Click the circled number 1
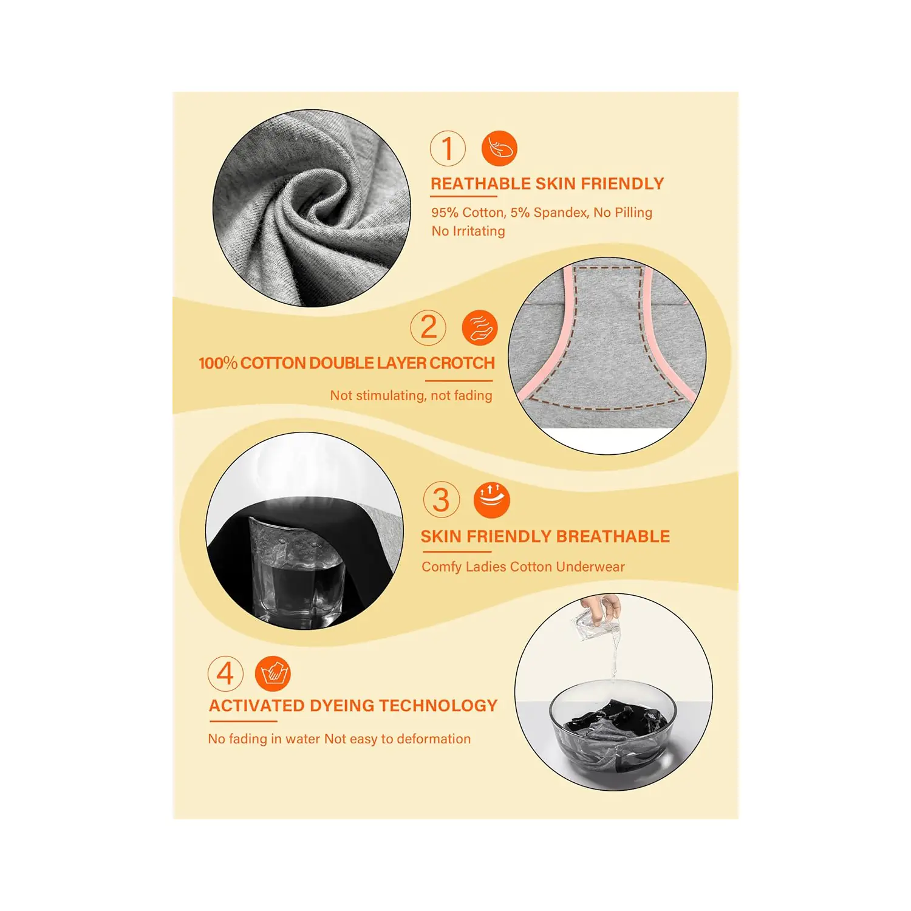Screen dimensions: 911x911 pos(448,148)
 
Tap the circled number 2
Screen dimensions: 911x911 pos(428,327)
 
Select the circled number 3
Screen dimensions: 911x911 pos(442,500)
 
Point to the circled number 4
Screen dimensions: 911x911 pos(225,674)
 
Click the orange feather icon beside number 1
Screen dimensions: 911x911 pos(499,148)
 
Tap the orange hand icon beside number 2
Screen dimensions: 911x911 pos(480,327)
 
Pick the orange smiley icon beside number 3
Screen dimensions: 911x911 pos(491,500)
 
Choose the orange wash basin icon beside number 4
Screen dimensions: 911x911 pos(273,674)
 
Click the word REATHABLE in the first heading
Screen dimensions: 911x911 pos(480,183)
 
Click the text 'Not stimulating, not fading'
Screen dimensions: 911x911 pos(411,395)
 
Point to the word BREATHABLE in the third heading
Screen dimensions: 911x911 pos(613,536)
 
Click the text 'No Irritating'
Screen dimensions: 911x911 pos(468,231)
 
